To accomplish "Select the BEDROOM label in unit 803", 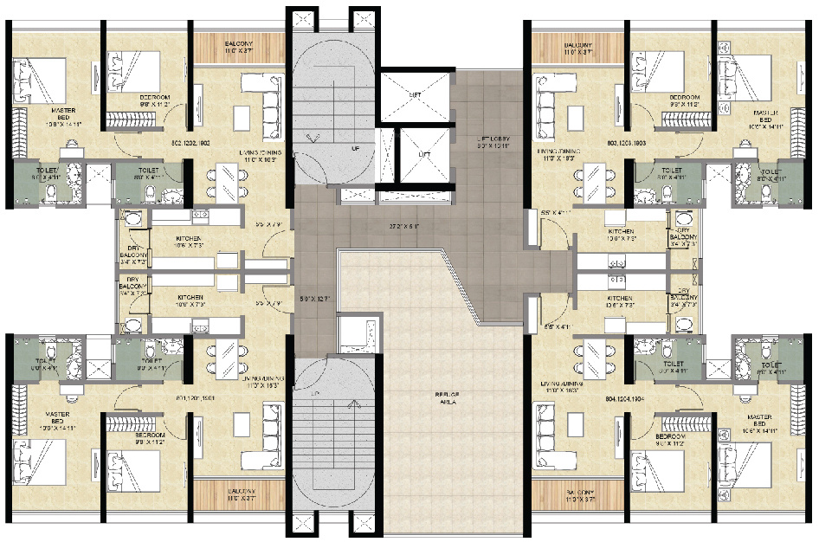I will tap(684, 98).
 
